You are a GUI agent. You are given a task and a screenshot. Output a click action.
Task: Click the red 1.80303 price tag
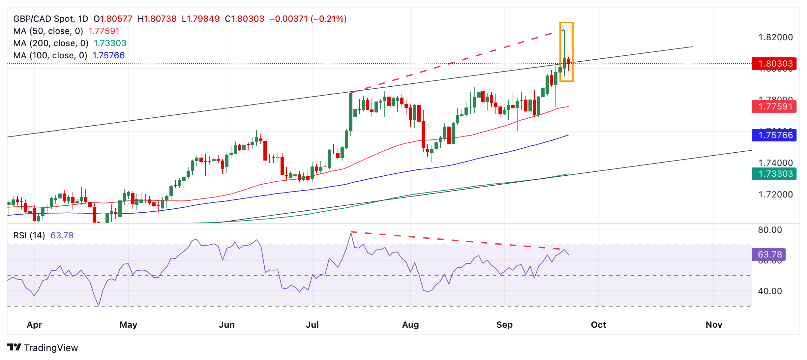point(774,64)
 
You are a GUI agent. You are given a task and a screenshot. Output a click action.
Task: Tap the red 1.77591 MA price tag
point(774,106)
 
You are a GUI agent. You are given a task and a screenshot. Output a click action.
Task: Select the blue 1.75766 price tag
point(774,135)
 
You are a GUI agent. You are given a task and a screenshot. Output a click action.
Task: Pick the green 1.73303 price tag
point(774,174)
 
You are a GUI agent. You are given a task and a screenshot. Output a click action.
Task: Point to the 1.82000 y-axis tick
point(775,37)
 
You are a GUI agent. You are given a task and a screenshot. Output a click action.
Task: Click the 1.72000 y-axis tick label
point(775,195)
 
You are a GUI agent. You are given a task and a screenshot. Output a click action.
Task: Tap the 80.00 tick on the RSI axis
point(770,230)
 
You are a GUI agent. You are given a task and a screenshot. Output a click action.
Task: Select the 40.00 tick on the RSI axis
point(770,291)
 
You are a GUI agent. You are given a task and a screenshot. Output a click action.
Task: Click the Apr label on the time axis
point(34,325)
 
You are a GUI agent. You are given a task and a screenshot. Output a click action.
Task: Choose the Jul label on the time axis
point(312,325)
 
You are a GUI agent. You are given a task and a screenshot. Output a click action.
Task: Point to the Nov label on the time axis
point(714,325)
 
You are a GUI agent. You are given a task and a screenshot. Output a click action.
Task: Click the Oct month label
point(598,325)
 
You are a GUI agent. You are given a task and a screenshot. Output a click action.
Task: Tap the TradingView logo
point(43,348)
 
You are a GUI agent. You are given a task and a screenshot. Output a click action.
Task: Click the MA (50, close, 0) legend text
point(48,31)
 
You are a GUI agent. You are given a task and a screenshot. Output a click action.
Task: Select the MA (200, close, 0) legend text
point(51,43)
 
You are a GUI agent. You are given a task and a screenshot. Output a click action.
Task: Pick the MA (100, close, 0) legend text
point(50,55)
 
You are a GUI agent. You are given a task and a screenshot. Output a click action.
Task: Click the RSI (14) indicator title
point(29,235)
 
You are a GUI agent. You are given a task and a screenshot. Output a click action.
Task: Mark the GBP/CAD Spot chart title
point(50,19)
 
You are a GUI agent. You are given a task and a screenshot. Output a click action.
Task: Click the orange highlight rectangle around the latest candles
point(566,52)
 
